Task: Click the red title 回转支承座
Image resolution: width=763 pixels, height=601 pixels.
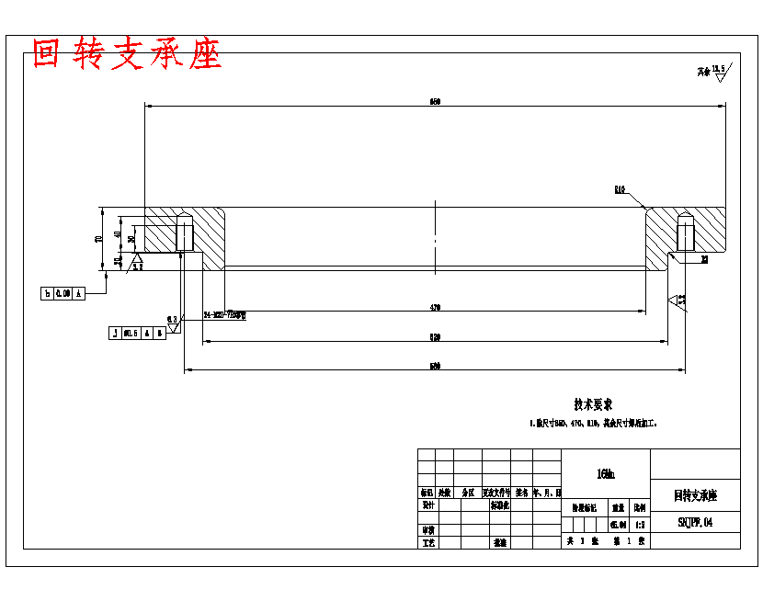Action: point(127,54)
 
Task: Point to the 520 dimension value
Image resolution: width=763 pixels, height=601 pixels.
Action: point(435,337)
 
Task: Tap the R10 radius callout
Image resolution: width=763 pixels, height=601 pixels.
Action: point(621,190)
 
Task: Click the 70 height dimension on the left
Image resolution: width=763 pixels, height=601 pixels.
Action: point(98,239)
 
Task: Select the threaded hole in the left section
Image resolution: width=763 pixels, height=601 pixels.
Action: point(184,232)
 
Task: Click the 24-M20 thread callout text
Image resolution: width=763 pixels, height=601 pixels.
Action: point(225,314)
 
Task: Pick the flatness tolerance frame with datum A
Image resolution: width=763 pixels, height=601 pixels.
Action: point(63,294)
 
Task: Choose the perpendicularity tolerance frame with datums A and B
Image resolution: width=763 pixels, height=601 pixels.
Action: point(137,333)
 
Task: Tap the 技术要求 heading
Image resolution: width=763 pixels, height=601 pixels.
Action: point(593,404)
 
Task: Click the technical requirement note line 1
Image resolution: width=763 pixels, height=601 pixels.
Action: point(593,425)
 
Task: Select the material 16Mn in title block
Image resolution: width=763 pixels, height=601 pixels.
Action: point(606,474)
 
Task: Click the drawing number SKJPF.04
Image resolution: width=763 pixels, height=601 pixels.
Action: point(695,522)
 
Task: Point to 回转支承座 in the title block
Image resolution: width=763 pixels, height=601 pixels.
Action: point(695,495)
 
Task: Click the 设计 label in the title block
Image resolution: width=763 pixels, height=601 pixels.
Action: point(427,505)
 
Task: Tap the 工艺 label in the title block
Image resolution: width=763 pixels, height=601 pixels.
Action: point(427,542)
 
